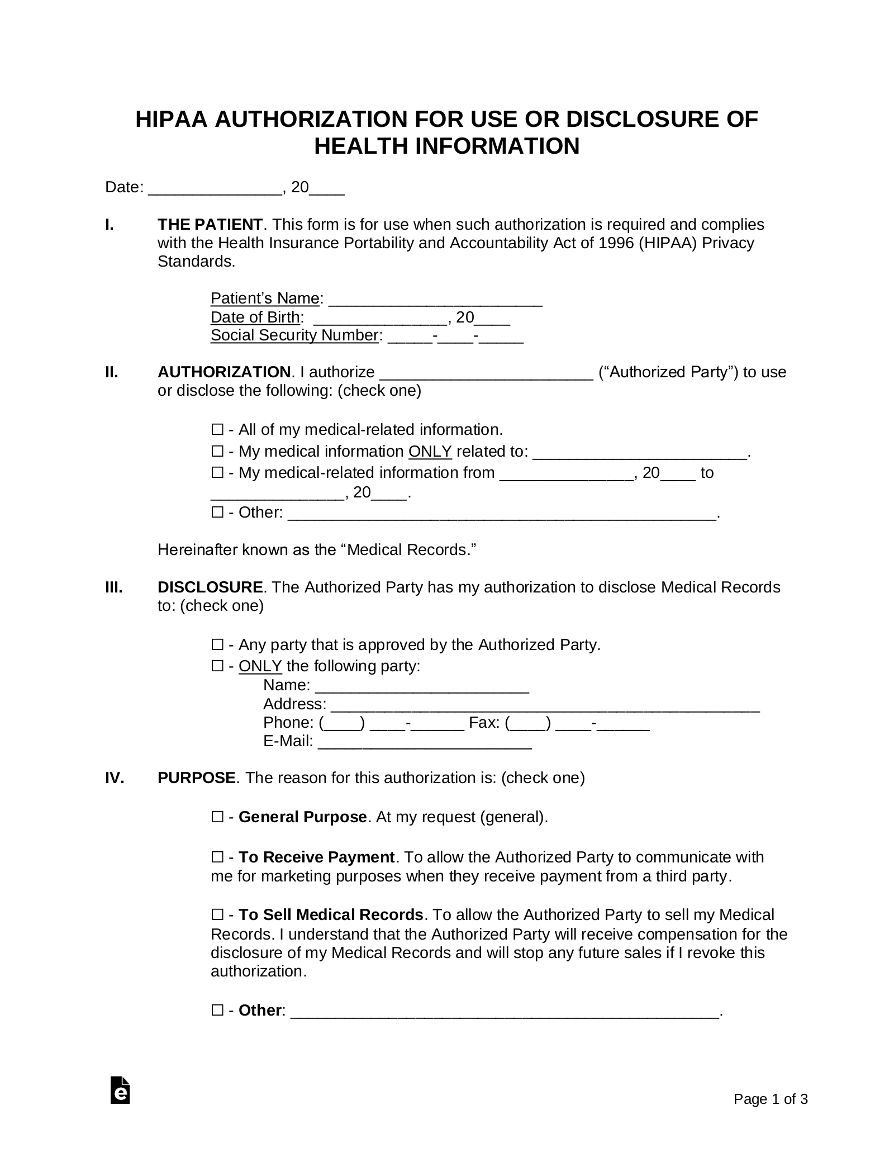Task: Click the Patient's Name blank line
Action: click(435, 300)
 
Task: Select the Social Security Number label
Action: click(294, 335)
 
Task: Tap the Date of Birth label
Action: click(255, 317)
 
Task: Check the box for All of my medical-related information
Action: click(217, 430)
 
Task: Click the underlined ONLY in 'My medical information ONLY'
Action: click(430, 452)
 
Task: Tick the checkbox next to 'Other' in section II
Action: click(217, 513)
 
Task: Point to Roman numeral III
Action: click(113, 587)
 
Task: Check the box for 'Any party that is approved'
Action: click(217, 645)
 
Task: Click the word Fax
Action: click(483, 723)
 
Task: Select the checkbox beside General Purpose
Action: click(217, 817)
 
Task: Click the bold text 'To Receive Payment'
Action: click(316, 857)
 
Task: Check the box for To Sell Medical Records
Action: click(217, 915)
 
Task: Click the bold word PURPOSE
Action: click(196, 778)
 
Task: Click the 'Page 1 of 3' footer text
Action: click(770, 1099)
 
